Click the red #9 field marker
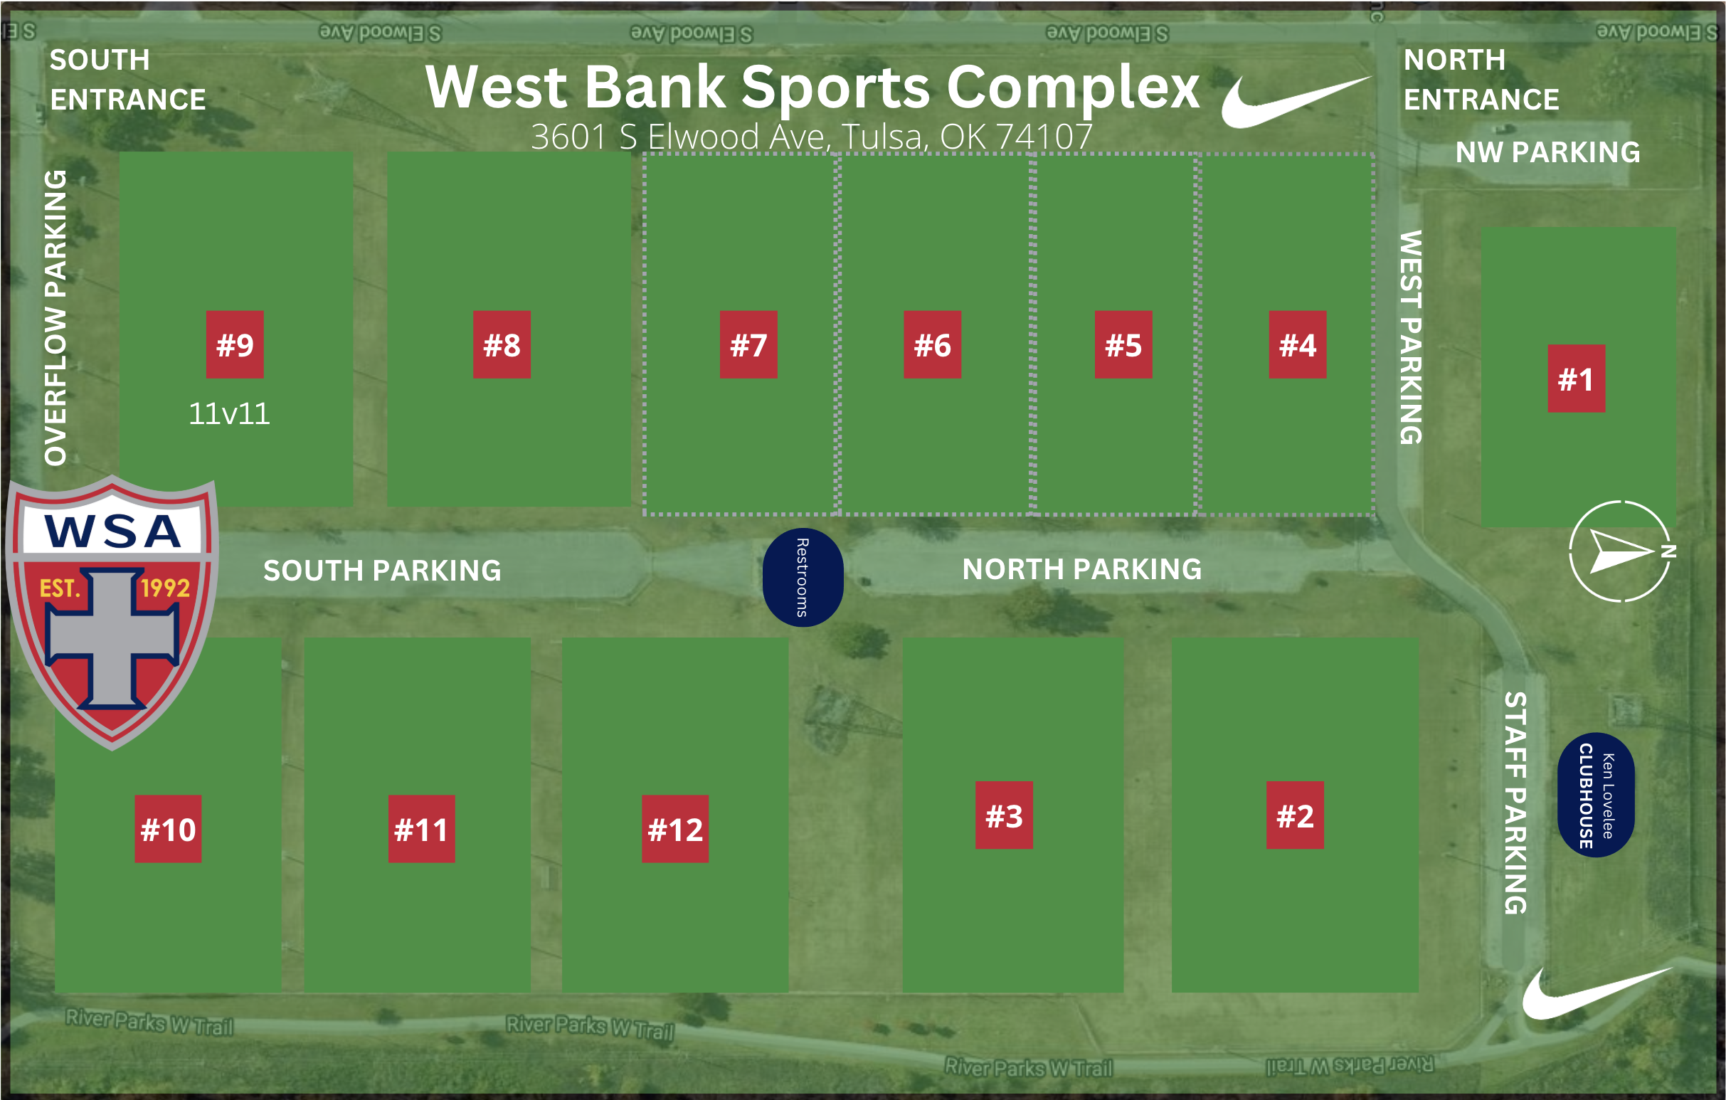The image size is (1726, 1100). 234,344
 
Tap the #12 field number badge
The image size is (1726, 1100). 674,828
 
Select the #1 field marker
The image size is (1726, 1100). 1575,379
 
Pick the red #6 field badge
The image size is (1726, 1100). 932,344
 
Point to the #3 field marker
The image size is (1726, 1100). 1003,815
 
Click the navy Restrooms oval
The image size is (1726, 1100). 803,577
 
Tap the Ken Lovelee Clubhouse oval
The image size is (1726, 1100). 1596,795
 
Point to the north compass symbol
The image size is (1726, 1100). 1621,551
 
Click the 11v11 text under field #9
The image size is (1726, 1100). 229,413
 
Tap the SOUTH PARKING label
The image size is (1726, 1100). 382,571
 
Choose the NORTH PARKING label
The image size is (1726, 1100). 1081,569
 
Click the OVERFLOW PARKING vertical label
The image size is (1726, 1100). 56,317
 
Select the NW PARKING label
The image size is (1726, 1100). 1547,152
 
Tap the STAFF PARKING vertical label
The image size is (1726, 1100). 1515,803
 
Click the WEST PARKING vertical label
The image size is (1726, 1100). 1411,337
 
